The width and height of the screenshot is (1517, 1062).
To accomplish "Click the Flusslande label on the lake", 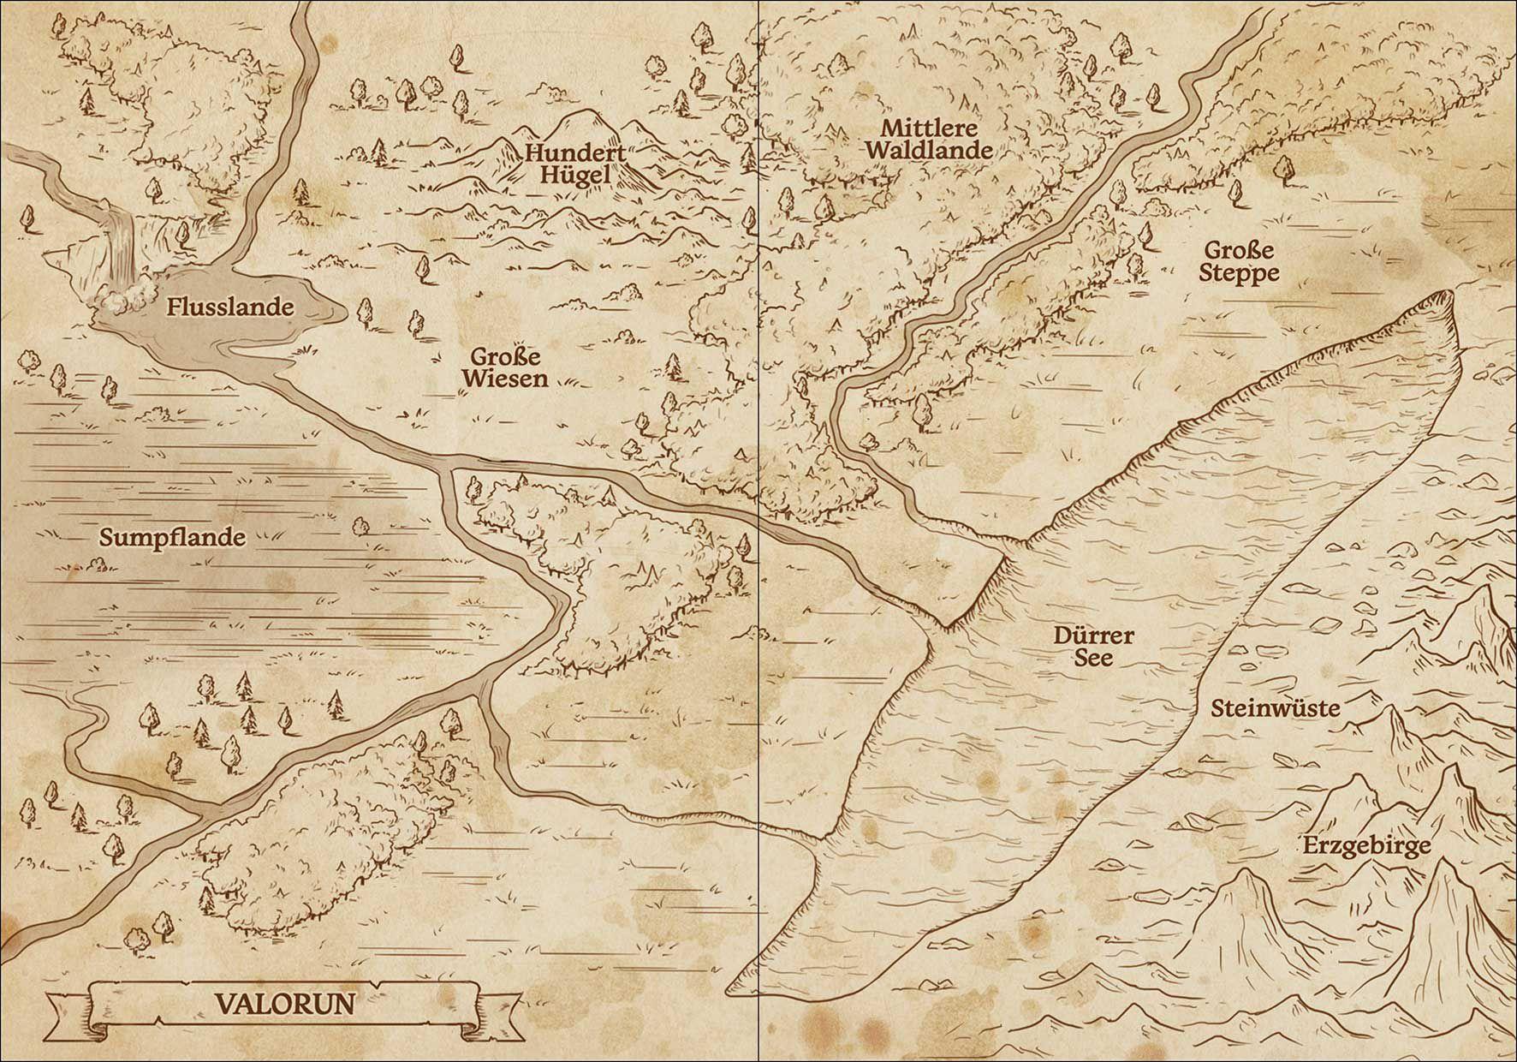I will coord(230,307).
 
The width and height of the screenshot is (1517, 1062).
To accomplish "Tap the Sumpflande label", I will coord(172,538).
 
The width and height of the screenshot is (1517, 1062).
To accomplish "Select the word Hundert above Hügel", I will coord(575,154).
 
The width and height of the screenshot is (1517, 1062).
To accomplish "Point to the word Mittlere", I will coord(929,128).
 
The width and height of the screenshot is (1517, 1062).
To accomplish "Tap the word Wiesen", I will coord(505,379).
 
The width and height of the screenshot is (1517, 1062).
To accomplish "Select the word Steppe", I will coord(1239,273).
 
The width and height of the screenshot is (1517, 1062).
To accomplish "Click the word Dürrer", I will coord(1093,635).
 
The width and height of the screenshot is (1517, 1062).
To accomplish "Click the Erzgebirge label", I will coord(1366,846).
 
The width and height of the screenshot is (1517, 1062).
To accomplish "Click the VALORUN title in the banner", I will coord(284,1003).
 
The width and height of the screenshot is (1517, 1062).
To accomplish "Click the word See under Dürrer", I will coord(1093,658).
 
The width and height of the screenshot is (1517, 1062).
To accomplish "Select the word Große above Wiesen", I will coord(505,356).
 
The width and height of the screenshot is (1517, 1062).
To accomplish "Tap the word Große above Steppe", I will coord(1239,251).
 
